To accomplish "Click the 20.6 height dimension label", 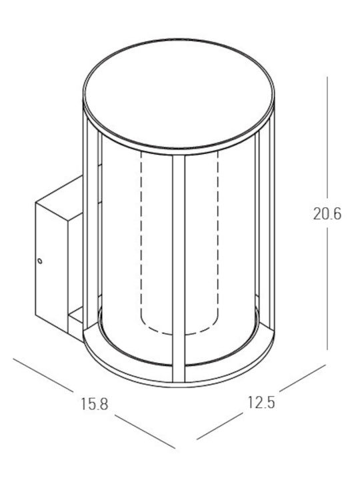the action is tap(327, 213).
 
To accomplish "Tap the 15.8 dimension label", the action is tap(95, 404).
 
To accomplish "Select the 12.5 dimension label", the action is tap(261, 402).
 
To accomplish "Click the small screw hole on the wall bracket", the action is tap(40, 261).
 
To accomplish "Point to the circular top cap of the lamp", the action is tap(179, 96).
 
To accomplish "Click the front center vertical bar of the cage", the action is tap(179, 269).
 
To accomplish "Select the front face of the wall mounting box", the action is tap(51, 267).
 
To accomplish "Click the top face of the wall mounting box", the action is tap(59, 198).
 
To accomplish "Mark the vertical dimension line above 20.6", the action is tap(327, 137).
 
